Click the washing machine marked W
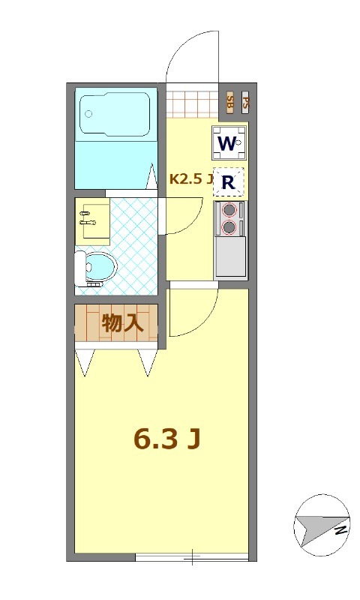pos(229,142)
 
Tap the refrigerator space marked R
pos(229,181)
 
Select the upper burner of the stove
pos(229,211)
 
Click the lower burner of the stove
pos(229,226)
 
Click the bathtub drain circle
pos(88,114)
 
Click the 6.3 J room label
pos(166,439)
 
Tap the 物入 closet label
pos(122,323)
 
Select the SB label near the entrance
pos(229,103)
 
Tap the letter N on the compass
pos(339,529)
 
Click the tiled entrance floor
pos(191,103)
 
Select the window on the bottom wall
pos(192,556)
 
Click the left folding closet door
pos(85,362)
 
